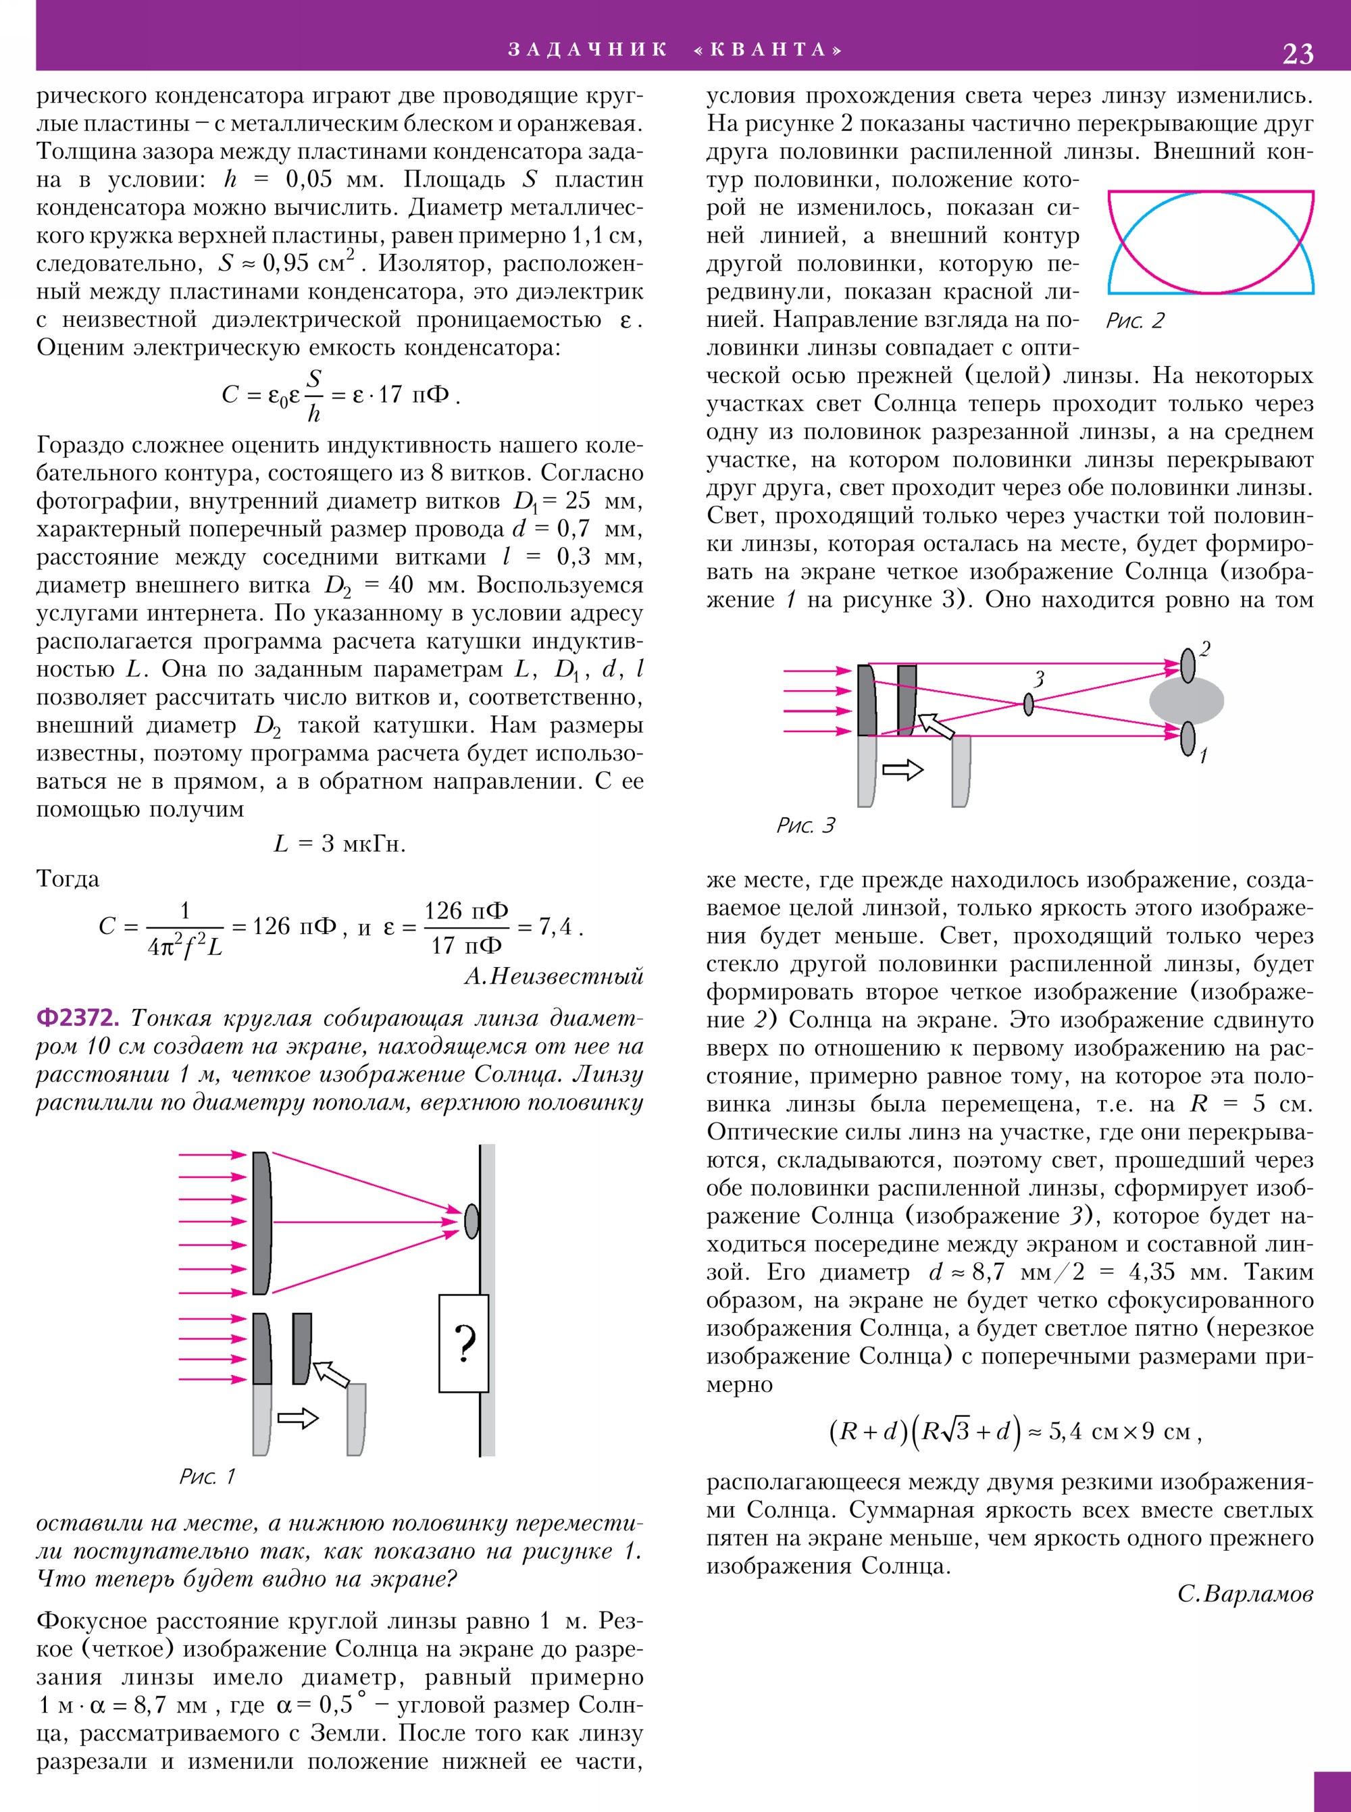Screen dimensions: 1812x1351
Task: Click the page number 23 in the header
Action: point(1298,53)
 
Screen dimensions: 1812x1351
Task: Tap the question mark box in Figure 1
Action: point(463,1343)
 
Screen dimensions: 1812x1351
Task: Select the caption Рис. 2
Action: point(1134,321)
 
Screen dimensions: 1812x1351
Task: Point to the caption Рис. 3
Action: point(805,825)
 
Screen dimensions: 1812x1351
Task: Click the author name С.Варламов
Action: point(1245,1594)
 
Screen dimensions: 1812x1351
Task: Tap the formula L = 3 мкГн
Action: point(339,843)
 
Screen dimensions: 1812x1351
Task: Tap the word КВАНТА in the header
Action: point(768,50)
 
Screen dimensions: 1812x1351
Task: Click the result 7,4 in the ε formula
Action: point(556,927)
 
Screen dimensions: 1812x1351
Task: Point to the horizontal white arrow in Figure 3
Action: point(903,769)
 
